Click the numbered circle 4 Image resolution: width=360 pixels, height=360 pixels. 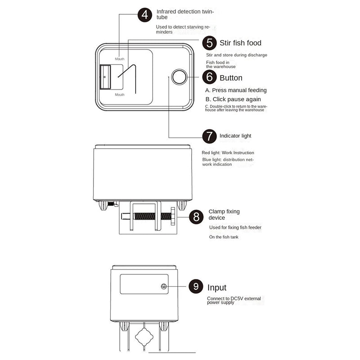coord(144,15)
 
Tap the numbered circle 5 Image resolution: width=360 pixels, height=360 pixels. coord(209,43)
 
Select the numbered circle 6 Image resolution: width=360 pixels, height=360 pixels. coord(209,77)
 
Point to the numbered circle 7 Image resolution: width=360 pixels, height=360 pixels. coord(209,136)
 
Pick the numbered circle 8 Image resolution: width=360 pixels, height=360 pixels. coord(196,217)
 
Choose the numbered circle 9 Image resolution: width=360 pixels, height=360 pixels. coord(196,286)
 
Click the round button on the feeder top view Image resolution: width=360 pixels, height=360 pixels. coord(180,76)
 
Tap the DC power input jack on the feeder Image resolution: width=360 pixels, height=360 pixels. coord(164,286)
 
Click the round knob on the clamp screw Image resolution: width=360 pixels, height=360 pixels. coord(173,216)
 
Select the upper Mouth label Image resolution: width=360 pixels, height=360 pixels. coord(120,59)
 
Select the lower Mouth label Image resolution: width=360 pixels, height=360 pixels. coord(120,94)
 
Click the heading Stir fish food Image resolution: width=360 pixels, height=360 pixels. coord(240,43)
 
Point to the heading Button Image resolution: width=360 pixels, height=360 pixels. coord(231,78)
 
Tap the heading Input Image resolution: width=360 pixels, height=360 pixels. coord(217,288)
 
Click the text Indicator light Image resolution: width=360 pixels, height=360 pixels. coord(235,136)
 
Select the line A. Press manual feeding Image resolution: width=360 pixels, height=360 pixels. coord(236,90)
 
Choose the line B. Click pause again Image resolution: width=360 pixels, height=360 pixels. coord(233,99)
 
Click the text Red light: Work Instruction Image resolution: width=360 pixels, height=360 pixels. coord(228,153)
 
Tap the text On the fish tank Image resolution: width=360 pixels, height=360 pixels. coord(224,237)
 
